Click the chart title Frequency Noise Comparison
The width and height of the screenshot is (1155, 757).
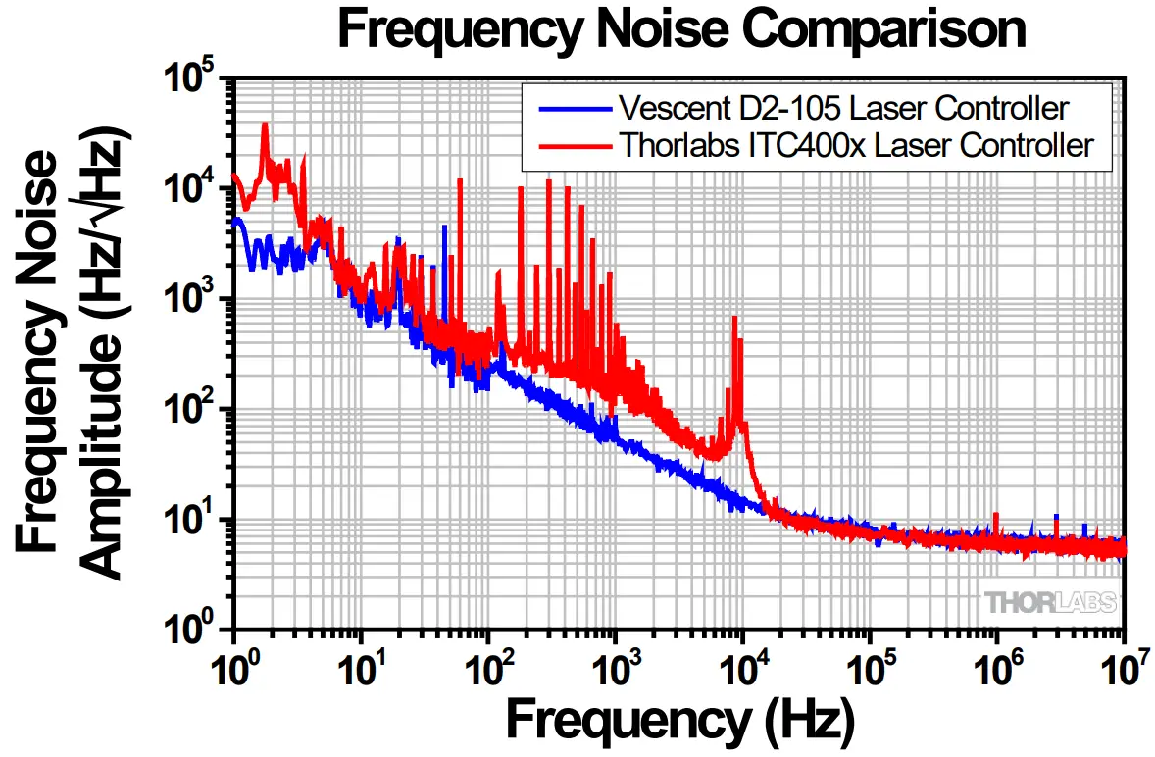click(x=681, y=29)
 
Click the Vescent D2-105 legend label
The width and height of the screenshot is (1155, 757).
click(x=843, y=107)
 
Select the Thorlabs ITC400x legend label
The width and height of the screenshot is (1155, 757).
click(x=855, y=145)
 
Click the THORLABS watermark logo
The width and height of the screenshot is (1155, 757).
click(x=1050, y=602)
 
